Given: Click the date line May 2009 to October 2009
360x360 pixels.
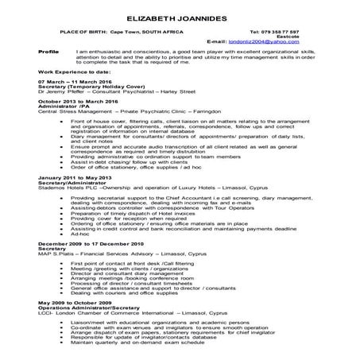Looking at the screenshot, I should pyautogui.click(x=72, y=301).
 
